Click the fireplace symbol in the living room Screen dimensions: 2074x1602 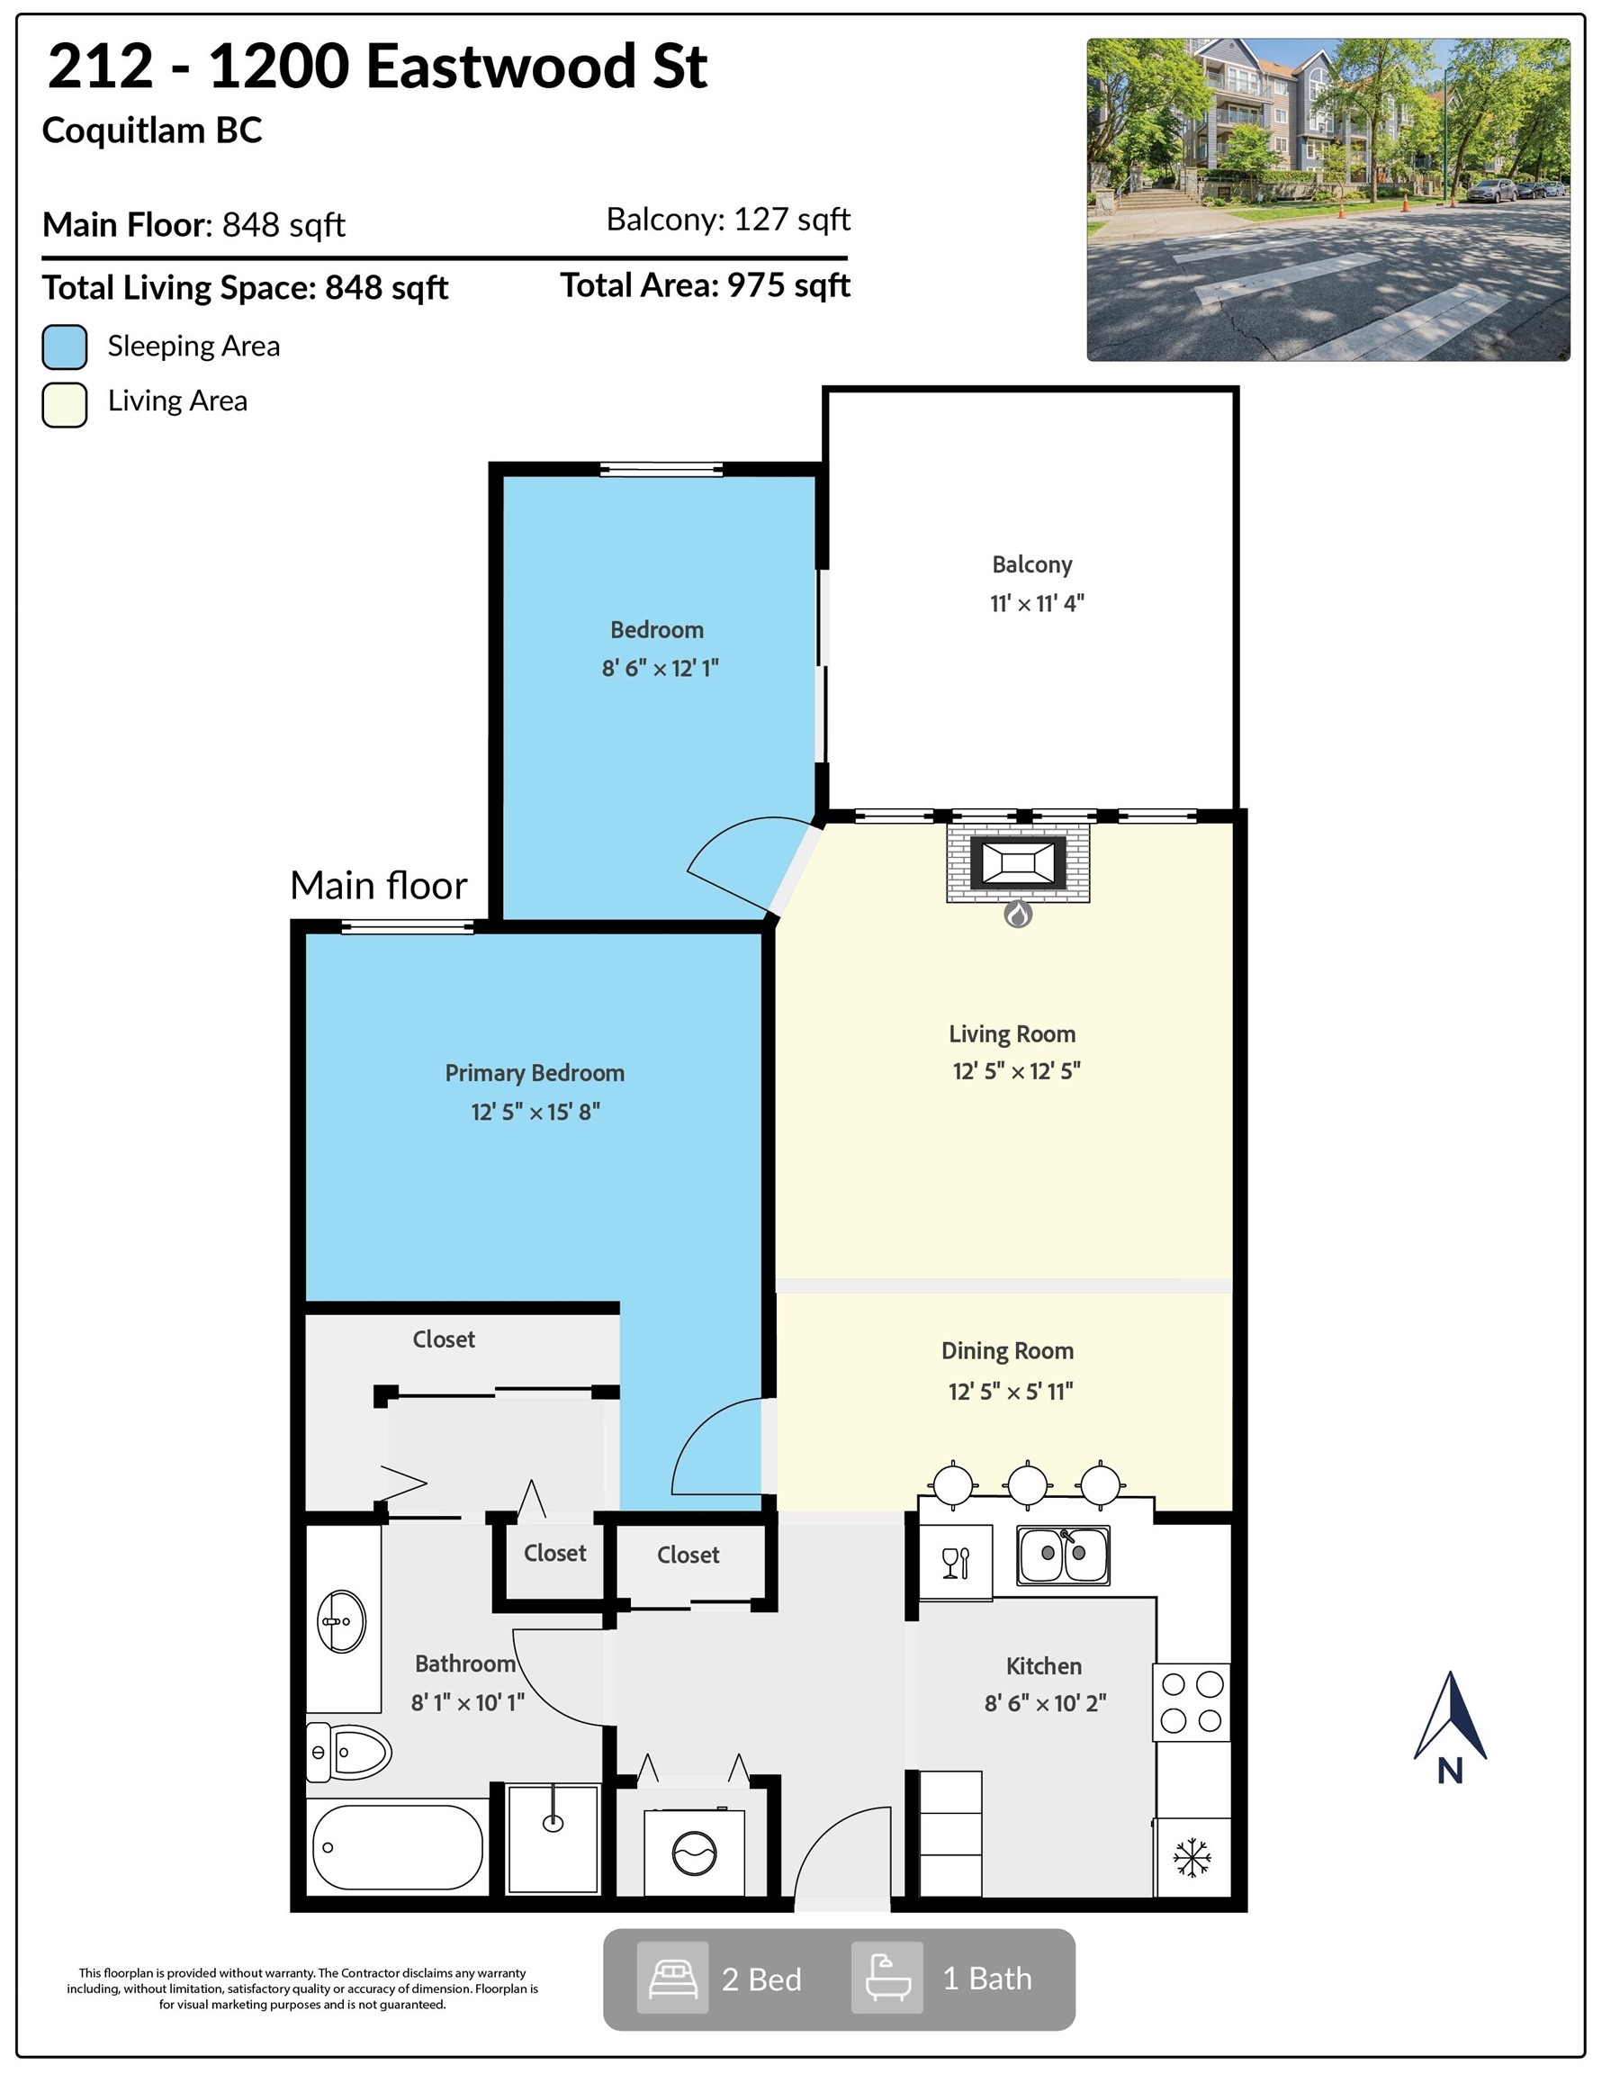[x=1017, y=863]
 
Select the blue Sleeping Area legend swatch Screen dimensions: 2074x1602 [x=65, y=347]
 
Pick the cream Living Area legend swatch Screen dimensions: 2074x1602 [x=65, y=404]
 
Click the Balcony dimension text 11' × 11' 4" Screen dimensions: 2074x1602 [x=1036, y=603]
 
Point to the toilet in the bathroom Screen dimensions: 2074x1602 [x=348, y=1752]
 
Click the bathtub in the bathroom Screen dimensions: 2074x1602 [x=397, y=1847]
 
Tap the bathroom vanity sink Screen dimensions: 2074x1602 [x=341, y=1621]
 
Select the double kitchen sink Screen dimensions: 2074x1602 [x=1063, y=1555]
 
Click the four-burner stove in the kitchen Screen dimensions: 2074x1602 [x=1192, y=1701]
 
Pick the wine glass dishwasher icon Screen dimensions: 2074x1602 [x=955, y=1562]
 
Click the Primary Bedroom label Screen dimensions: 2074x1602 [x=535, y=1073]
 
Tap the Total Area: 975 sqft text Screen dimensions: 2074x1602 [x=705, y=284]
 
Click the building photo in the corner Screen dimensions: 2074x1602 [x=1327, y=200]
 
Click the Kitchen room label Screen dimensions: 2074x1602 [x=1044, y=1665]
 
